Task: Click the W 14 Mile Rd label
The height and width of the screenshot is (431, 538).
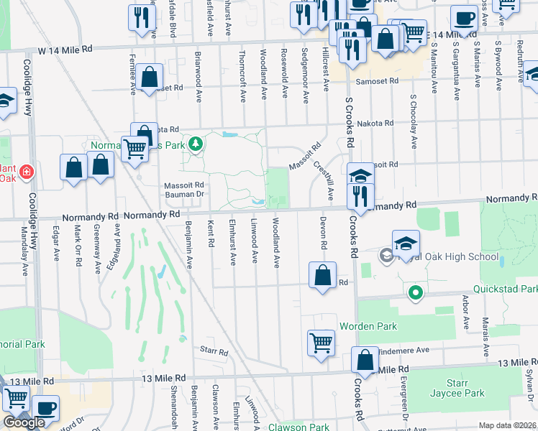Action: tap(65, 49)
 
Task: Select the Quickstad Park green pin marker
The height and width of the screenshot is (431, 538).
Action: tap(414, 292)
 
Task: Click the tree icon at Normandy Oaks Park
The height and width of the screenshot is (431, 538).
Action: tap(195, 144)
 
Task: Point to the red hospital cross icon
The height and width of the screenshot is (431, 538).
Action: tap(27, 172)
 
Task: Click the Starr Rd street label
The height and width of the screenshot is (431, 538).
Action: tap(214, 352)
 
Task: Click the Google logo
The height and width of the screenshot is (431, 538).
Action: tap(24, 422)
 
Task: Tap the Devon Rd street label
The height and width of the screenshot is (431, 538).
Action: tap(324, 234)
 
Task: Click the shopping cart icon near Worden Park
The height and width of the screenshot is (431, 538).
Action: tap(321, 341)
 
